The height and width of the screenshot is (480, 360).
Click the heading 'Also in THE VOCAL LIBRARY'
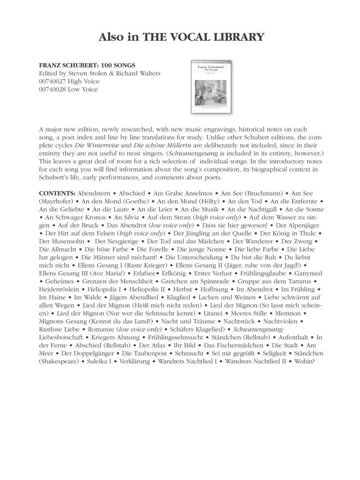point(181,37)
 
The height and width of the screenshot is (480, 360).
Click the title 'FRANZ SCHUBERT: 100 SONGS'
point(87,65)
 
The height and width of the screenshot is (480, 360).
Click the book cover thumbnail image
point(212,87)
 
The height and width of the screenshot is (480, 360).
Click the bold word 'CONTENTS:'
point(57,193)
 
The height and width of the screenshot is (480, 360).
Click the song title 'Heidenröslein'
point(59,289)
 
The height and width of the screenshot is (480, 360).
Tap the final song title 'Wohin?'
point(305,361)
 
